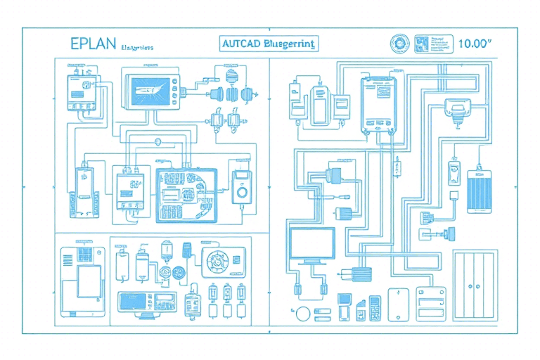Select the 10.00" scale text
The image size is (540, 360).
474,43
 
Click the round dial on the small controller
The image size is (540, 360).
242,191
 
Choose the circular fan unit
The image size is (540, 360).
219,261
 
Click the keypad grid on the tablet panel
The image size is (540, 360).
86,254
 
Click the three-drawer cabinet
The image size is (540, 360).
427,301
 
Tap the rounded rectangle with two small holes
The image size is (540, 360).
396,302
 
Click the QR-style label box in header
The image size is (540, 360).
423,43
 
